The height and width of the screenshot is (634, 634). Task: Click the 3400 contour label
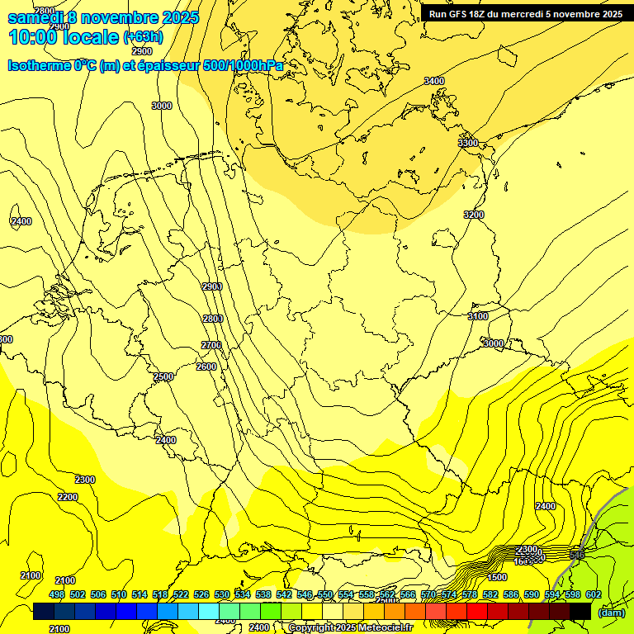click(433, 81)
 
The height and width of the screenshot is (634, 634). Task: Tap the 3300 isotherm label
click(468, 143)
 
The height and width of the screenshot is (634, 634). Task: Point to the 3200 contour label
click(473, 215)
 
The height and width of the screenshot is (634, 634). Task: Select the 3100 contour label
click(477, 317)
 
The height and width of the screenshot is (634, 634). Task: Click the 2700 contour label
click(211, 345)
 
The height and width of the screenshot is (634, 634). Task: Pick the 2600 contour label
click(206, 367)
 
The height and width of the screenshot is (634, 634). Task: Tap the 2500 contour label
click(163, 377)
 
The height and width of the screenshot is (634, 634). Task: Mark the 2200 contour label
click(68, 497)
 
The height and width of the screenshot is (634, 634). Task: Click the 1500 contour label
click(497, 577)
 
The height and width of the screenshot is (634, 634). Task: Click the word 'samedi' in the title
click(37, 17)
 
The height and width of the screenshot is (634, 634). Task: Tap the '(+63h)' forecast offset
click(143, 37)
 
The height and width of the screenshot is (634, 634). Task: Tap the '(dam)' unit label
click(611, 612)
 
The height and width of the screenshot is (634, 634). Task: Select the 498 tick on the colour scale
click(56, 594)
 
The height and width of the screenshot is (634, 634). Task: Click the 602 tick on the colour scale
click(593, 594)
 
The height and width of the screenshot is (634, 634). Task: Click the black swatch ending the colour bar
click(580, 611)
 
